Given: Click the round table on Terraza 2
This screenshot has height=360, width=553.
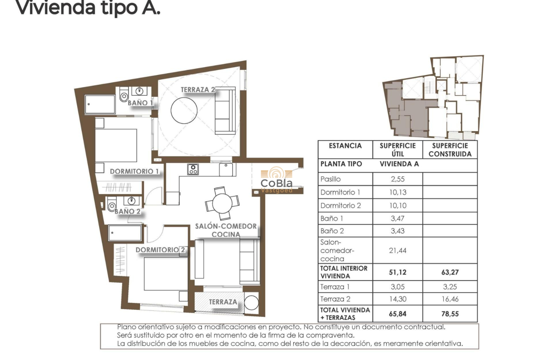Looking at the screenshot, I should click(184, 110).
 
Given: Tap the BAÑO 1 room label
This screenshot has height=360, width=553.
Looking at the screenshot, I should click(141, 103).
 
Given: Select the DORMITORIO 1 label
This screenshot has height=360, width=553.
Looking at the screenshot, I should click(135, 171).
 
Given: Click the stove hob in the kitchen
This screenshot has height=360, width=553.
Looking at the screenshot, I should click(193, 169).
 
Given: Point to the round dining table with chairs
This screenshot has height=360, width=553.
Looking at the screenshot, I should click(222, 202).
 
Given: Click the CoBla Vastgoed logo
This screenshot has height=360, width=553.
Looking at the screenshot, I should click(277, 180).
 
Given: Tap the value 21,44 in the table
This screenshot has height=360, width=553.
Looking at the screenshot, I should click(397, 250).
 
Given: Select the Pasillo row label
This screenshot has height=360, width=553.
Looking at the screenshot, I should click(331, 179).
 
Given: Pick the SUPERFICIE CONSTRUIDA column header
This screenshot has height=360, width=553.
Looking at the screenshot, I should click(450, 150).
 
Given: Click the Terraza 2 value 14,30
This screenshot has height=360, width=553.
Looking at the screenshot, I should click(397, 299).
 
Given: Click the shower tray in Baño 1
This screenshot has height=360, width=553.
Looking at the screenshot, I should click(100, 104).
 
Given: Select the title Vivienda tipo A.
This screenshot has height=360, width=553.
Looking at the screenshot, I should click(87, 8).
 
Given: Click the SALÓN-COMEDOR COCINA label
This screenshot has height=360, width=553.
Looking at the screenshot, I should click(226, 230).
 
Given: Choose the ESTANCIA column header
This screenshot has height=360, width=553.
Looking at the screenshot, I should click(345, 146).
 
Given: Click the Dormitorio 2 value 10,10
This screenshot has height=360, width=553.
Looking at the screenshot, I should click(397, 205).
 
